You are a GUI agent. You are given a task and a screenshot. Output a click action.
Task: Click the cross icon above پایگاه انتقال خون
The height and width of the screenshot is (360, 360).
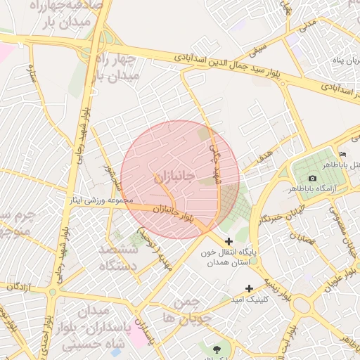[229, 241]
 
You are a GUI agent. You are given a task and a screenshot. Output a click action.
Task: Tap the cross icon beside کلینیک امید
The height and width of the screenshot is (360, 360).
[249, 288]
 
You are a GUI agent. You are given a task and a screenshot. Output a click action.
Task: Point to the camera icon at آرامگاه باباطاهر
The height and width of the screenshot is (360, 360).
[312, 179]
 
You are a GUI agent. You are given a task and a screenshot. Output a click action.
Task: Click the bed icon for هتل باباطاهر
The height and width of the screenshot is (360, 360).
[343, 154]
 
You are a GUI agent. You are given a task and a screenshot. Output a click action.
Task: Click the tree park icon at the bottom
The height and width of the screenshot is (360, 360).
[215, 347]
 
